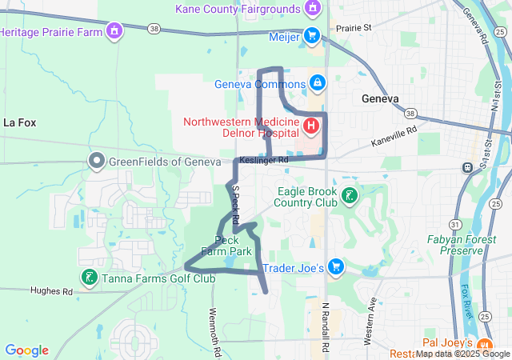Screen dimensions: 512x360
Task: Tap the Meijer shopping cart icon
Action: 312,36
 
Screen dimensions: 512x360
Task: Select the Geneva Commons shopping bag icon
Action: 318,83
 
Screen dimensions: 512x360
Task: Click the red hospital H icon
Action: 311,126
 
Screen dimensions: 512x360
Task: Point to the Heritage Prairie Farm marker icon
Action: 115,32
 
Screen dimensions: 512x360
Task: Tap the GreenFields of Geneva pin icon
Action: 97,162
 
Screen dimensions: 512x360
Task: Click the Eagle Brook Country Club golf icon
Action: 350,194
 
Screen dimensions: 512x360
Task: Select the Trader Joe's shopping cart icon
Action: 337,266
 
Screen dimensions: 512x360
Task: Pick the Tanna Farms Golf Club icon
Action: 88,278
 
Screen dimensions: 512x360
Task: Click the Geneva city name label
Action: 379,99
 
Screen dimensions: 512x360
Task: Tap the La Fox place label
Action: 20,122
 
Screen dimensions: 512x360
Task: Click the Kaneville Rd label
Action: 394,135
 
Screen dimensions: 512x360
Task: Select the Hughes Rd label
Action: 51,291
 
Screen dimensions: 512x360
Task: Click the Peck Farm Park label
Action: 226,246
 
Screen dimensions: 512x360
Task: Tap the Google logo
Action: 27,350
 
